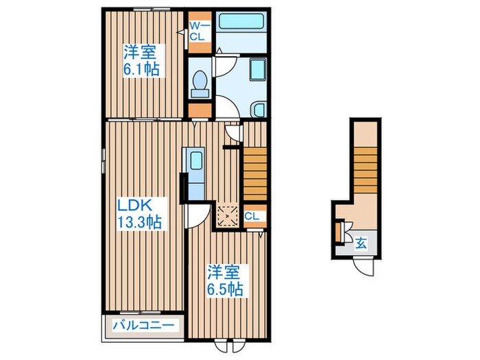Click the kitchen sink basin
click(195, 163)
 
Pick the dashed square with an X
click(226, 215)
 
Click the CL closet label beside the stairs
click(252, 216)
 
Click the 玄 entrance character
click(360, 241)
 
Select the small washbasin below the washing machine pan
click(259, 109)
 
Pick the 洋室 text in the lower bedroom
click(224, 271)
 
